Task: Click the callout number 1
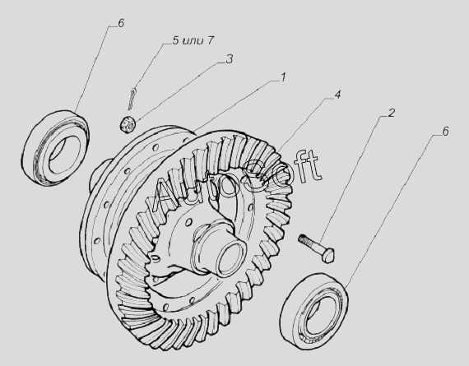point(283,77)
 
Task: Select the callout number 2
point(391,113)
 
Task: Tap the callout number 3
point(229,59)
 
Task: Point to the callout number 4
point(337,95)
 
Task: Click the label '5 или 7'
point(193,40)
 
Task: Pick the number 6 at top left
point(121,23)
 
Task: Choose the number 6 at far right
point(445,132)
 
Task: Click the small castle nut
point(128,125)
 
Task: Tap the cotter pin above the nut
point(132,99)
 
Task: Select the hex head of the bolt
point(329,255)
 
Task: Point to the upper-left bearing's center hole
point(65,155)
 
